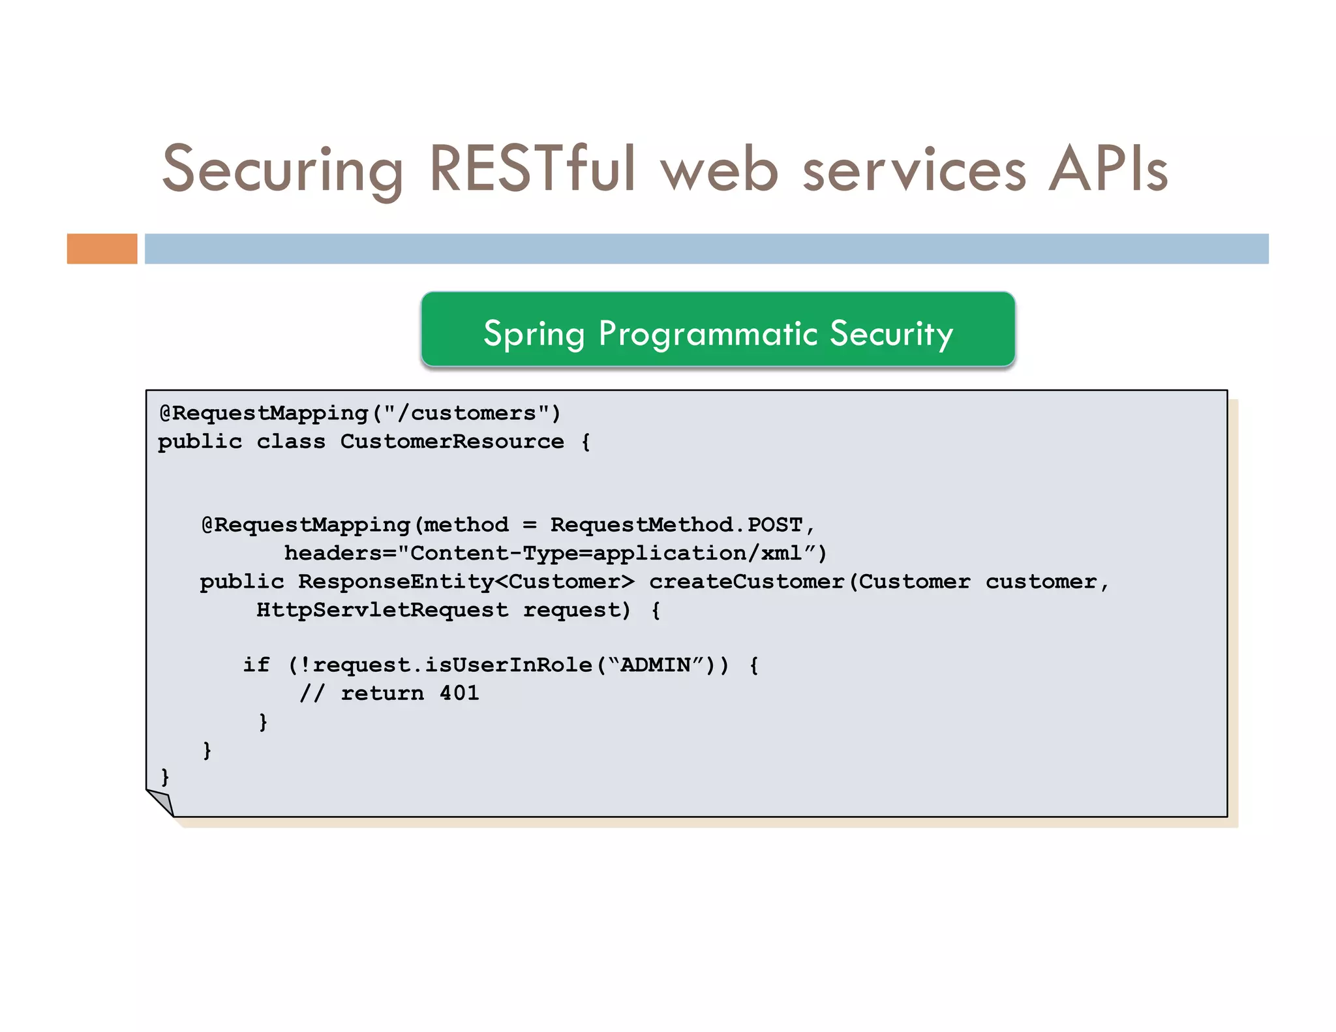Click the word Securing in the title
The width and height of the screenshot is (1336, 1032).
click(282, 170)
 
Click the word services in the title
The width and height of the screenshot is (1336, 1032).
click(914, 170)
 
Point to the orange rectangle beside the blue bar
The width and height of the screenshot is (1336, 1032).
click(102, 249)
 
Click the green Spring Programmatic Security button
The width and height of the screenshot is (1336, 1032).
click(718, 330)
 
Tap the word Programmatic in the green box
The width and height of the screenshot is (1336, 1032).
click(708, 334)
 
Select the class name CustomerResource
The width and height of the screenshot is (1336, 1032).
click(452, 442)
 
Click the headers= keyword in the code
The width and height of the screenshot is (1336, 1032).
click(341, 553)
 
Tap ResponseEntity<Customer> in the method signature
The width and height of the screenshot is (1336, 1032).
click(466, 581)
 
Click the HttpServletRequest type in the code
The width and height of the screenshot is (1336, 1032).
click(382, 610)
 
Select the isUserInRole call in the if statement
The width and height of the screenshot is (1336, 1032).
click(508, 665)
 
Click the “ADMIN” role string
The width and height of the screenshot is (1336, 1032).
click(655, 665)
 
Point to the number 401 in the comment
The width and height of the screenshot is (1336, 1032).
click(459, 693)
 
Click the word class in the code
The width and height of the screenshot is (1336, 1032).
click(291, 442)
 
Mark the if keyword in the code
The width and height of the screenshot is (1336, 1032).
click(256, 665)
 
